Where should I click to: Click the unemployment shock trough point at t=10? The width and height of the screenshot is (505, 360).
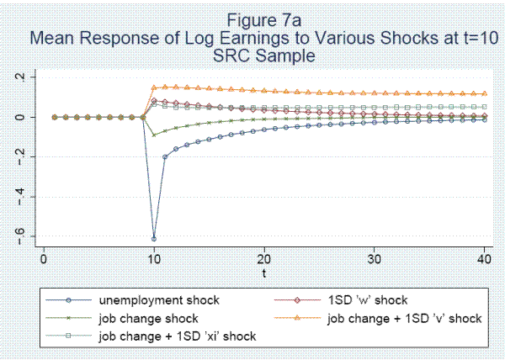click(x=153, y=238)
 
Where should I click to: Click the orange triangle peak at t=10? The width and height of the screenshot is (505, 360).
click(x=153, y=87)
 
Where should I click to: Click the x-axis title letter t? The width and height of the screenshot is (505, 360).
click(x=263, y=273)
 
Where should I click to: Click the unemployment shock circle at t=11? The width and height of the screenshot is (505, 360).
click(x=164, y=157)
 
